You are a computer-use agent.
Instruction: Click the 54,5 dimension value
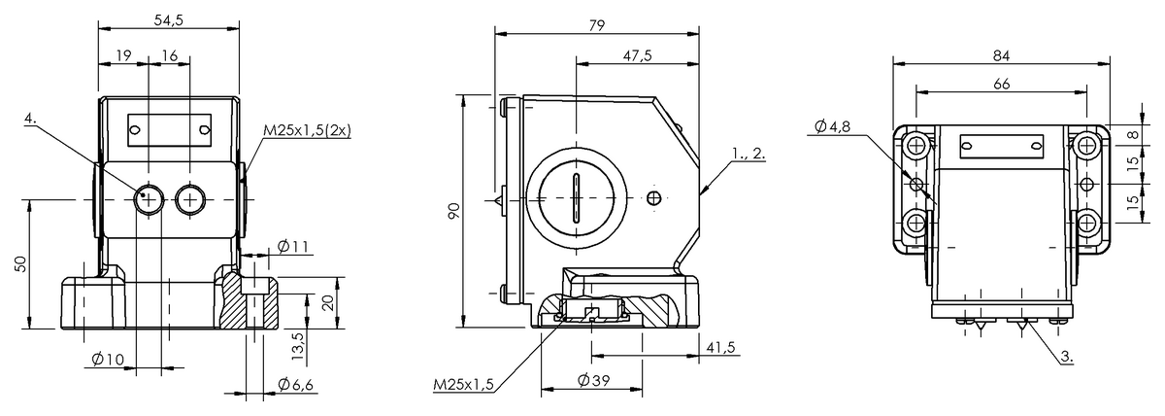[169, 19]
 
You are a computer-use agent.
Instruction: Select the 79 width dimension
[597, 25]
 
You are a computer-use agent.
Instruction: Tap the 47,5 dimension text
[637, 55]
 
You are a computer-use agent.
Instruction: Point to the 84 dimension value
[1001, 55]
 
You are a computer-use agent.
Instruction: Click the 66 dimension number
[1001, 84]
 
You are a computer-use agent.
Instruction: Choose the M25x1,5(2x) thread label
[307, 130]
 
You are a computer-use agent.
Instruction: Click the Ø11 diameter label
[293, 246]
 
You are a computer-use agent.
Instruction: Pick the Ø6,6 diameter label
[295, 385]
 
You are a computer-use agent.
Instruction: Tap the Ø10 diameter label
[108, 359]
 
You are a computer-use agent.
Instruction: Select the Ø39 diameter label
[593, 381]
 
